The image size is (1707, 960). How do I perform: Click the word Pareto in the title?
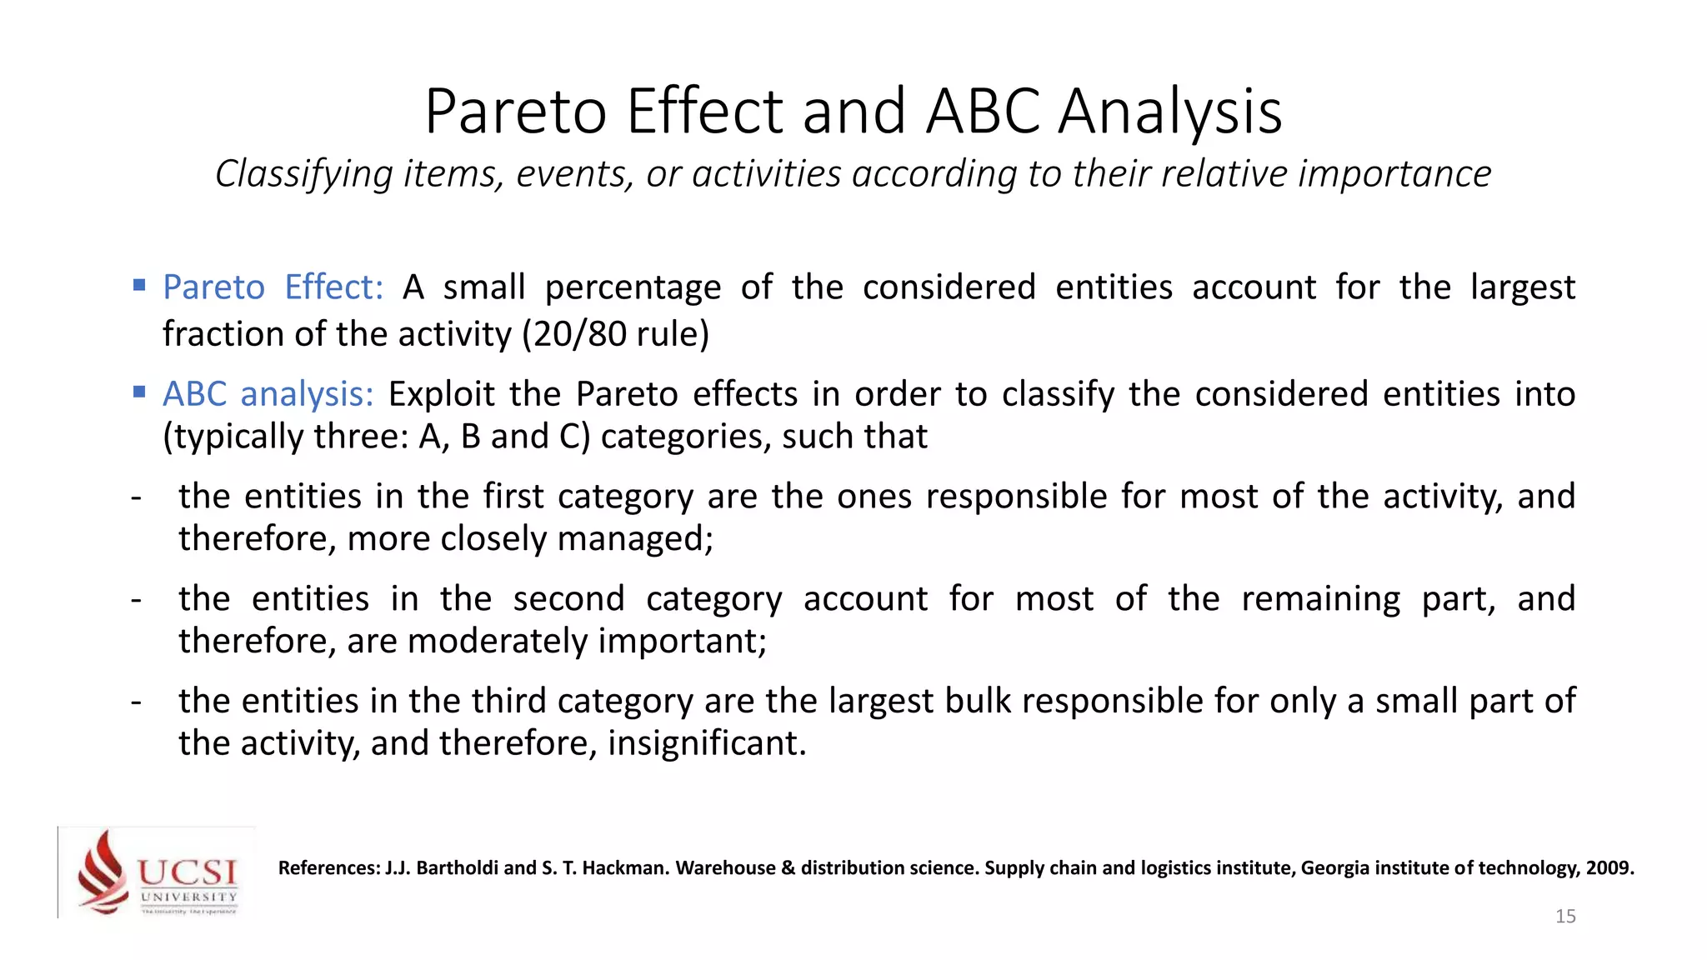click(515, 112)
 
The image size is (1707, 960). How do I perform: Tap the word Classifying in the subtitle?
click(303, 175)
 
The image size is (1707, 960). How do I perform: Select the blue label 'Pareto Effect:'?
click(273, 287)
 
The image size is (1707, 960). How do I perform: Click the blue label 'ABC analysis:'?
click(268, 394)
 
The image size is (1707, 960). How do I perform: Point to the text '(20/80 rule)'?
click(615, 334)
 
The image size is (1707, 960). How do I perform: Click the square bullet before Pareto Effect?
click(139, 286)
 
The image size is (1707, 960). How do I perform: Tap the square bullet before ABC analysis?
click(139, 392)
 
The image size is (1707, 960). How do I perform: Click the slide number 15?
click(1565, 917)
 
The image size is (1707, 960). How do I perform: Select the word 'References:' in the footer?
click(328, 868)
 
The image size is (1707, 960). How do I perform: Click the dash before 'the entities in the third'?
click(136, 702)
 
